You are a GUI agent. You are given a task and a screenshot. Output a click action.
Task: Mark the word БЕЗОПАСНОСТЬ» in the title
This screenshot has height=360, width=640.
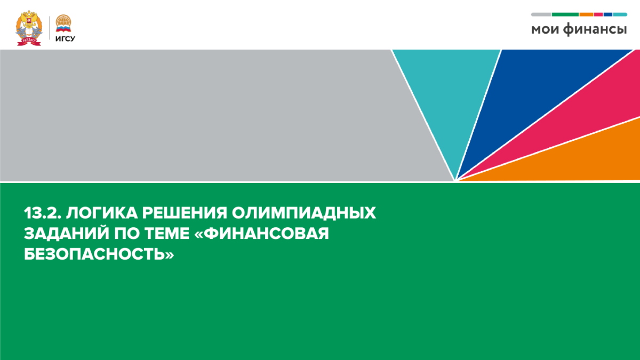tap(99, 255)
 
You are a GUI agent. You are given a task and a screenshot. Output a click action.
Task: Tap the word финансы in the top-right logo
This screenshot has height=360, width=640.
tap(595, 30)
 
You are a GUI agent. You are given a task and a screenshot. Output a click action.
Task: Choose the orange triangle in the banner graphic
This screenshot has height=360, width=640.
tap(587, 160)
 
